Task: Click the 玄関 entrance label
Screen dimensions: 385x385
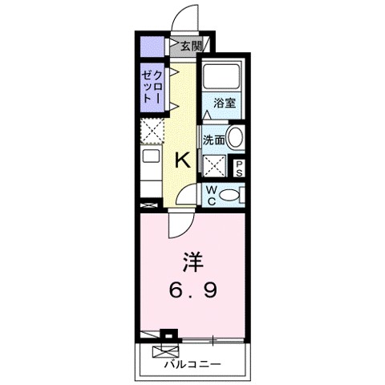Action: point(190,47)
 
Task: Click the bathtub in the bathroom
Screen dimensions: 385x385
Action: point(221,77)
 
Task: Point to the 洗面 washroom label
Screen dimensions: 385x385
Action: point(213,138)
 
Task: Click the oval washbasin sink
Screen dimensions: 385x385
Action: point(234,137)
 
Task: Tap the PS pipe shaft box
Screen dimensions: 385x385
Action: point(238,167)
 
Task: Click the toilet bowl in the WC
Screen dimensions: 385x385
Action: point(229,193)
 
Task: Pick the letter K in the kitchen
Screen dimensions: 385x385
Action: point(183,159)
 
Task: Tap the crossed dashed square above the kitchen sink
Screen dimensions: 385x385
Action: point(152,129)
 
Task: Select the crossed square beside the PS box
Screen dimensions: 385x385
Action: point(213,165)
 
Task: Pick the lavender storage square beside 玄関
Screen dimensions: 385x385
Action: point(149,46)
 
